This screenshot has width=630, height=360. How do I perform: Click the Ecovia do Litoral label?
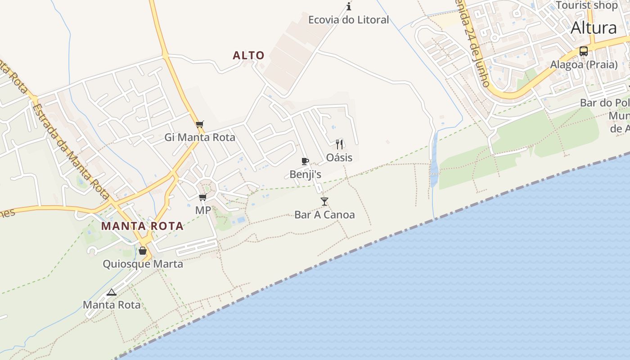tap(348, 20)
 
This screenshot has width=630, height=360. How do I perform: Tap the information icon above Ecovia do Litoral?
tap(349, 6)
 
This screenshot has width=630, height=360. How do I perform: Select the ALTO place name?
tap(248, 55)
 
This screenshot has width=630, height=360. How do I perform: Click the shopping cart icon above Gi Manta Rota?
tap(200, 125)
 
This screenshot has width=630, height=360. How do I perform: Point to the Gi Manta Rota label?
tap(200, 137)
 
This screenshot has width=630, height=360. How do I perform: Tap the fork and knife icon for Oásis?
tap(339, 144)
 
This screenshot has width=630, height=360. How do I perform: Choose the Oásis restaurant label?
tap(339, 157)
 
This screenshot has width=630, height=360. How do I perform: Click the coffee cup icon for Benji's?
tap(305, 161)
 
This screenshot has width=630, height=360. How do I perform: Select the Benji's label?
tap(306, 174)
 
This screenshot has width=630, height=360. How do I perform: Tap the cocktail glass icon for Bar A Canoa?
tap(324, 201)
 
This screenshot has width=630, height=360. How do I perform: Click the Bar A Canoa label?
tap(324, 215)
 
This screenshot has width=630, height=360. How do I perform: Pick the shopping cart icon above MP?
tap(203, 197)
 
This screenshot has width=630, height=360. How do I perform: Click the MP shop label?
tap(203, 210)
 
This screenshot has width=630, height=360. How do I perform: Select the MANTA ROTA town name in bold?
tap(142, 226)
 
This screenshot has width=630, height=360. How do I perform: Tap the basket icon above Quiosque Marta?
tap(143, 251)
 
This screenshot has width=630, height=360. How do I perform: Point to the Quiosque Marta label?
tap(143, 264)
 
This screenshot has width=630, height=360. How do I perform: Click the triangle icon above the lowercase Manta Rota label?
tap(112, 292)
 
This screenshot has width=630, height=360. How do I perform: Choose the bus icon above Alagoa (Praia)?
tap(584, 51)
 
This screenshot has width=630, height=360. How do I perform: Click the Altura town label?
tap(594, 28)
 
